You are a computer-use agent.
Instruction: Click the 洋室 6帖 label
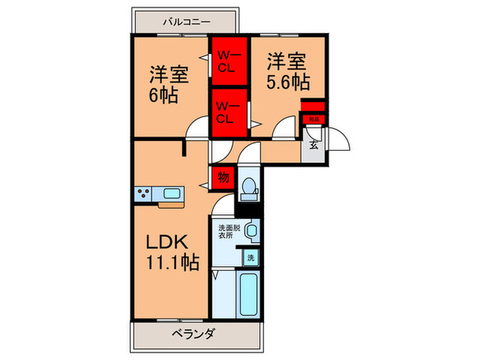(x=169, y=83)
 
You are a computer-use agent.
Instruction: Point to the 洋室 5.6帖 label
(x=287, y=71)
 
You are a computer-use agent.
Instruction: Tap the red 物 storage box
(x=223, y=177)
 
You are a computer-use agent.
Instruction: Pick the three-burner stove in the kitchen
(x=145, y=194)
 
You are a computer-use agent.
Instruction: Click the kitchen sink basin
(x=171, y=193)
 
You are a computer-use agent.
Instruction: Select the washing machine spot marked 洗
(x=252, y=259)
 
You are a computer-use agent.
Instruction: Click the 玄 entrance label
(x=313, y=145)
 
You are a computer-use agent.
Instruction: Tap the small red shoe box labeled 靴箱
(x=313, y=119)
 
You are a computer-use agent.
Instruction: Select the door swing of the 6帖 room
(x=198, y=129)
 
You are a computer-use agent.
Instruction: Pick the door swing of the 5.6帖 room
(x=284, y=131)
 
